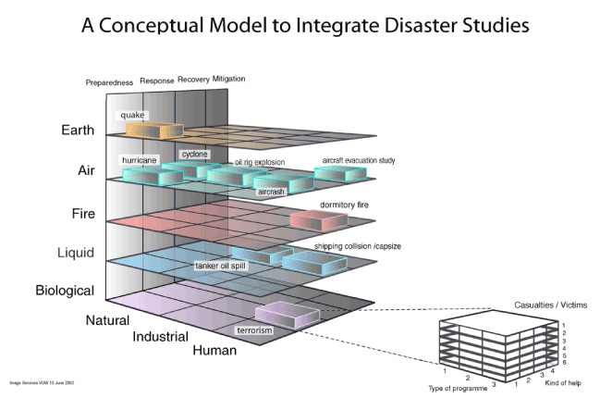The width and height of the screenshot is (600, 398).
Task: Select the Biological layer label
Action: [x=65, y=291]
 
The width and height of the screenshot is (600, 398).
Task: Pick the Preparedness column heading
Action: [x=109, y=81]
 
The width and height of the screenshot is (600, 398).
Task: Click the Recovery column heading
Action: [x=192, y=80]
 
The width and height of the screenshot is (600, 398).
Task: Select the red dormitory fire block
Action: [x=319, y=219]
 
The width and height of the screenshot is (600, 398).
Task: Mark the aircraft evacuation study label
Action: [x=359, y=161]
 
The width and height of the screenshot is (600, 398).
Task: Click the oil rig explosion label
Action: [x=259, y=163]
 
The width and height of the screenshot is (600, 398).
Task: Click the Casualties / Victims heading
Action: [x=551, y=305]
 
